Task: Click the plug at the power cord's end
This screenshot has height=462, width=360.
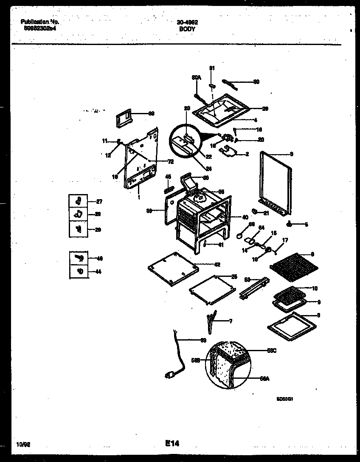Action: [x=170, y=375]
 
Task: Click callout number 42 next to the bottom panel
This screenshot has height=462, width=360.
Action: [x=217, y=265]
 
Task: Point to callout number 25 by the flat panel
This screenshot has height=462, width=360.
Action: [x=233, y=277]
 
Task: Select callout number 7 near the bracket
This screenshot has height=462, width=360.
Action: [x=231, y=321]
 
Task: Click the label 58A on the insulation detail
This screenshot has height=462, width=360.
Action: [x=264, y=379]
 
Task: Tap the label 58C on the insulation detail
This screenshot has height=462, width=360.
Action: [x=272, y=350]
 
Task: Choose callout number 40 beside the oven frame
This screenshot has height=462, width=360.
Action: [x=245, y=217]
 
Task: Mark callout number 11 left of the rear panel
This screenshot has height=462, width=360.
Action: [x=104, y=141]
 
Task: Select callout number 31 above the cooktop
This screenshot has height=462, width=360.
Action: [x=212, y=68]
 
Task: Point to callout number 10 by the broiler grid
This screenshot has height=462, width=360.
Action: [x=315, y=288]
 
